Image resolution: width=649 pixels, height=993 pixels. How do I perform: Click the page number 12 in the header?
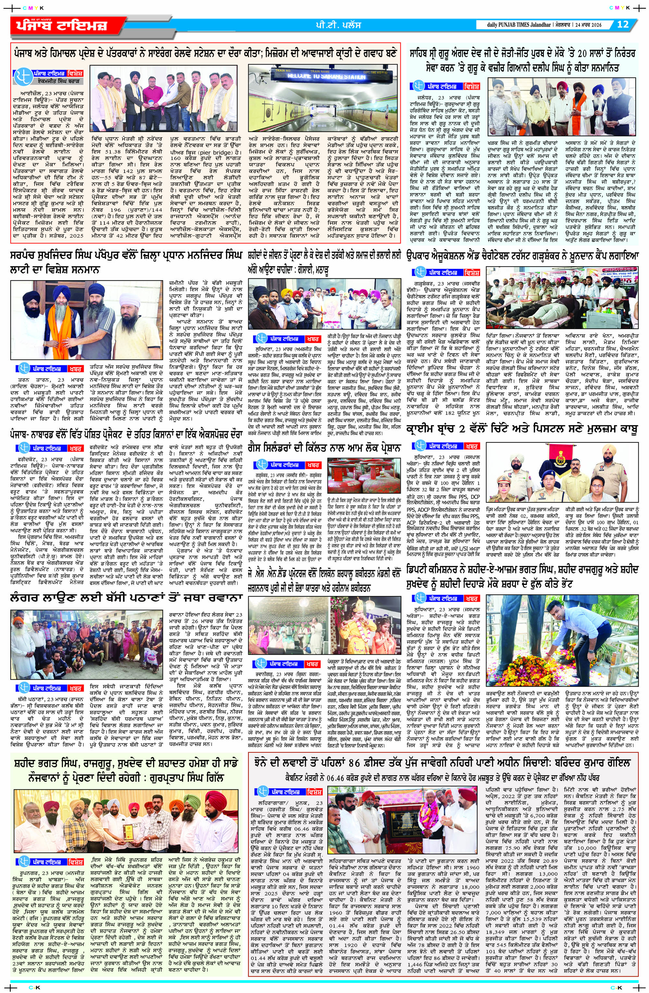pos(622,25)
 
